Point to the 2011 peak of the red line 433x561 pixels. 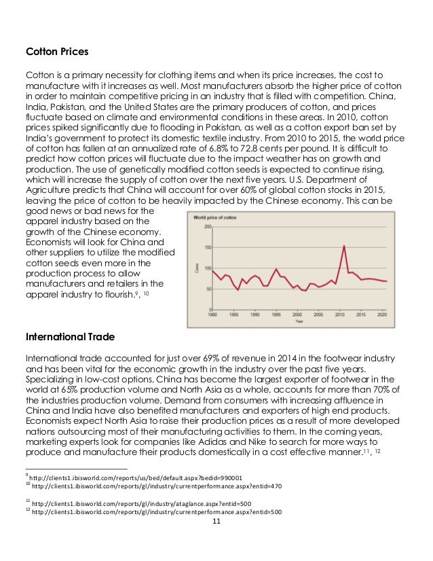(344, 245)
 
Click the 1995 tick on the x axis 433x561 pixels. (276, 315)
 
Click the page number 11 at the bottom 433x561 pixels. (216, 521)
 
